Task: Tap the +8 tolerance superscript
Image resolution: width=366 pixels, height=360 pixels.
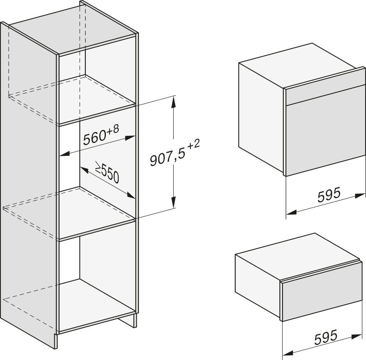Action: pos(113,129)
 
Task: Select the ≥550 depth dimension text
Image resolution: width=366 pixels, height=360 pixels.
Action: pos(107,172)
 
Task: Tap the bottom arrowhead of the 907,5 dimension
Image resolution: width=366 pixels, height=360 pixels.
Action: pos(173,202)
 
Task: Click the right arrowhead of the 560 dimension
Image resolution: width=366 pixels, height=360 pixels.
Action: pos(130,138)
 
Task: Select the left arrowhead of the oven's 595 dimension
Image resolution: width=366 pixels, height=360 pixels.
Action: pos(291,212)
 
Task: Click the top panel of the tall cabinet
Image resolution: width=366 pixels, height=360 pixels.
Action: pos(72,30)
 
